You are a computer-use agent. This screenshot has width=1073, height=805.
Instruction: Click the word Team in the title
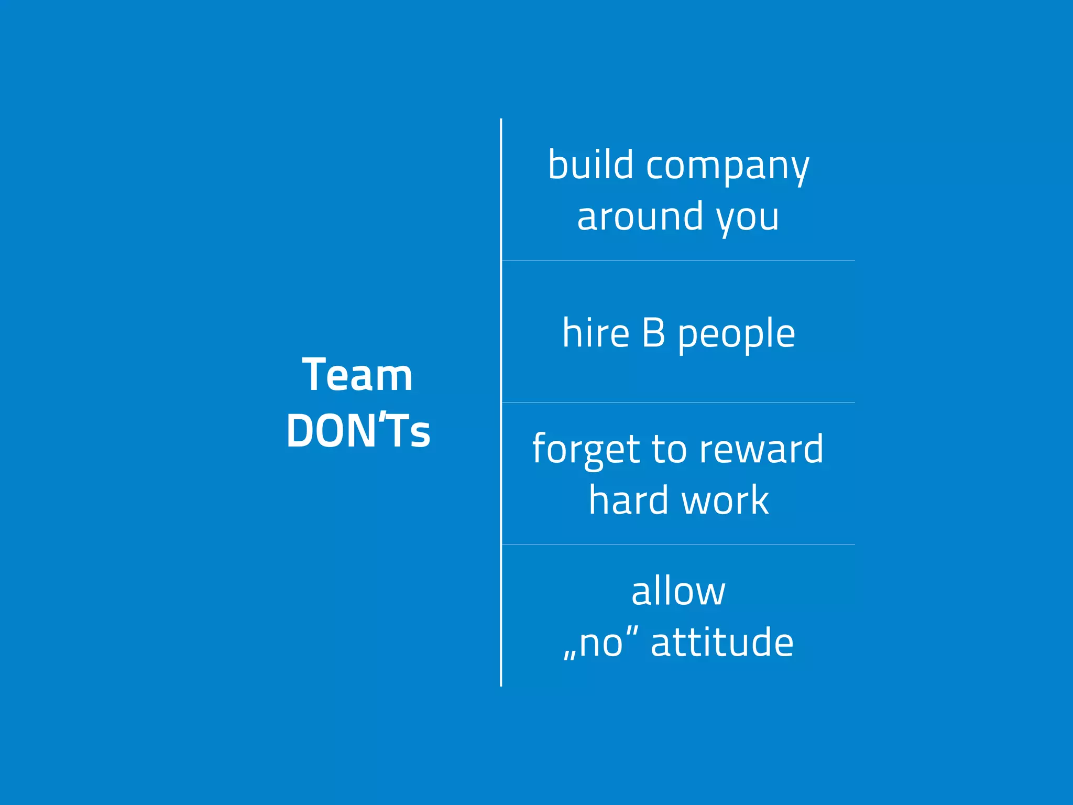[358, 375]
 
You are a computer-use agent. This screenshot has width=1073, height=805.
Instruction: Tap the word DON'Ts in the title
[358, 431]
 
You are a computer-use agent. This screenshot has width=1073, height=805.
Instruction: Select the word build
[590, 165]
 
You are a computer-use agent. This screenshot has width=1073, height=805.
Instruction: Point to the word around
[640, 217]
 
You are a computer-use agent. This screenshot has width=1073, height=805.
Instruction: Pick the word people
[737, 336]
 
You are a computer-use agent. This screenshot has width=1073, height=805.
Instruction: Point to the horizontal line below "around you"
[678, 260]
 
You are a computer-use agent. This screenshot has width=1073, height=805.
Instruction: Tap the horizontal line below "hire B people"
[678, 402]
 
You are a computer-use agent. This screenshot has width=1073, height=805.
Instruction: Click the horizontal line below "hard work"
[678, 545]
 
